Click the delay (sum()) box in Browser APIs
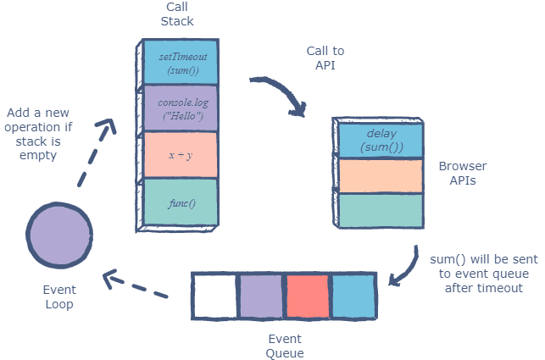(x=381, y=141)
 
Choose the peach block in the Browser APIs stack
(x=381, y=176)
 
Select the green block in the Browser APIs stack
(x=381, y=211)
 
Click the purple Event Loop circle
(x=60, y=235)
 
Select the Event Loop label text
(x=59, y=296)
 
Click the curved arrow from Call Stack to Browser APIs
(x=284, y=93)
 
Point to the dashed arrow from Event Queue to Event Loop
(x=136, y=284)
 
